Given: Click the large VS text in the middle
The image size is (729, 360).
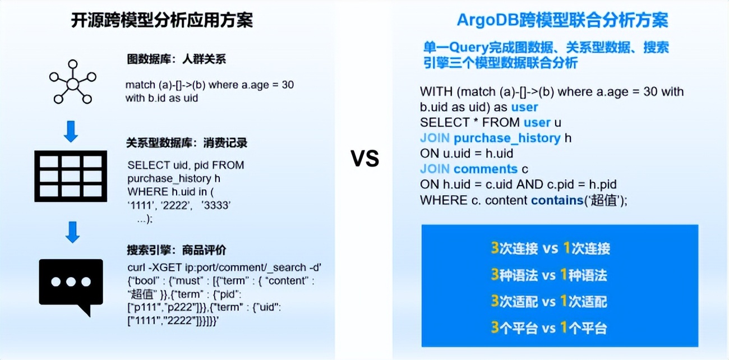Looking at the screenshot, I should pyautogui.click(x=365, y=159).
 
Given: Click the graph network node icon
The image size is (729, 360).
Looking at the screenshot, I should pyautogui.click(x=72, y=84).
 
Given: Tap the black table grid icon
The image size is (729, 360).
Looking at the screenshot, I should pyautogui.click(x=71, y=176).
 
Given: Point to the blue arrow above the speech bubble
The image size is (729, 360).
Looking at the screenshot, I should pyautogui.click(x=71, y=232).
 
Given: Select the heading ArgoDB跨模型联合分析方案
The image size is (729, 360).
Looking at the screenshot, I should pyautogui.click(x=562, y=21).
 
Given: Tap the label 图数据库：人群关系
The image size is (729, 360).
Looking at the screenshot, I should pyautogui.click(x=176, y=59).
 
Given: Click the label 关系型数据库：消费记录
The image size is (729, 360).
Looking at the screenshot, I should pyautogui.click(x=187, y=143).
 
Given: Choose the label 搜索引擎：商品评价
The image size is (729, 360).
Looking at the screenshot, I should pyautogui.click(x=177, y=250).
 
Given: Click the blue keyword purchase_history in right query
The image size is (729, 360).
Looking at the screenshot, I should pyautogui.click(x=507, y=138).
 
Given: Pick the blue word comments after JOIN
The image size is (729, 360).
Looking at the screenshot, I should pyautogui.click(x=486, y=169).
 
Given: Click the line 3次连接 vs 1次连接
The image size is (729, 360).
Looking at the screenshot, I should pyautogui.click(x=550, y=248).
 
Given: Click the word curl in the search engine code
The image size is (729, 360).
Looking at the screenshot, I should pyautogui.click(x=137, y=267).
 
